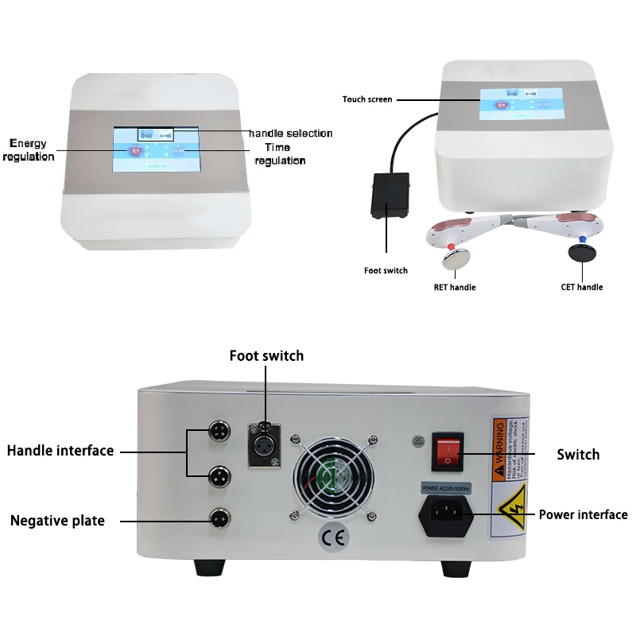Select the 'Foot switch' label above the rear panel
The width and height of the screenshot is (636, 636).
[266, 355]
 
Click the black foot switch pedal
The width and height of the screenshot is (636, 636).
[390, 194]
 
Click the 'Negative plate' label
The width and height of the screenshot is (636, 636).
[57, 521]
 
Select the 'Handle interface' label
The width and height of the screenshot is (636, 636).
[60, 451]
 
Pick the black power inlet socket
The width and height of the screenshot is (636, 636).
[446, 518]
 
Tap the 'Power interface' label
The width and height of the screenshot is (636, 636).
[583, 514]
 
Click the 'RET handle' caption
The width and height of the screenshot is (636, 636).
[455, 287]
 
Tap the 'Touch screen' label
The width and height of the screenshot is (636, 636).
[366, 99]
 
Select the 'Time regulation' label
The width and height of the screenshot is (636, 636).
[279, 154]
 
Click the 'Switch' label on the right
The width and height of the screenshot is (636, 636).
[578, 455]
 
